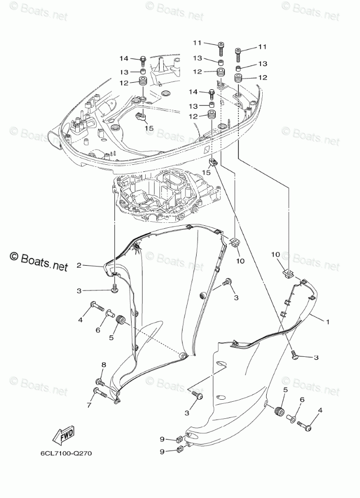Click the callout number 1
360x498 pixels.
tap(327, 321)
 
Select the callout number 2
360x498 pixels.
tap(79, 265)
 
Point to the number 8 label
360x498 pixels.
tap(103, 364)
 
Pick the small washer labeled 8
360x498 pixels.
tap(100, 382)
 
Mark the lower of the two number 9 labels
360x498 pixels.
tap(163, 452)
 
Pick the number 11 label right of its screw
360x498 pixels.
tap(262, 47)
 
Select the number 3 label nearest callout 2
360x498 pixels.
tap(79, 291)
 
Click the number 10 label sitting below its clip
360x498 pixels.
tap(241, 261)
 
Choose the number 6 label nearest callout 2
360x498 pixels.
tap(99, 330)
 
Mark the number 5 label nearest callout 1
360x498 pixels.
tap(285, 390)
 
